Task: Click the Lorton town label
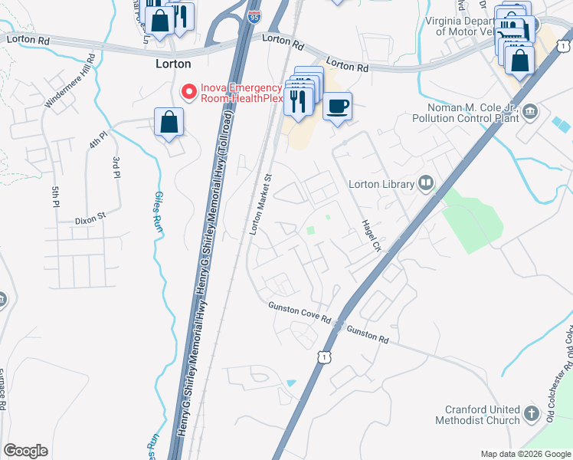[173, 64]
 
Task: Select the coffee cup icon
[336, 106]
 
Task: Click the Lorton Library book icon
[427, 183]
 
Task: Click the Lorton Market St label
[262, 204]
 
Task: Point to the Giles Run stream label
[159, 212]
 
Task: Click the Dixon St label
[90, 220]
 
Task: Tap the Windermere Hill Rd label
[70, 80]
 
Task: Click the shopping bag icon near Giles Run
[169, 122]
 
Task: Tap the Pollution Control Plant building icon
[530, 113]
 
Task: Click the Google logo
[25, 451]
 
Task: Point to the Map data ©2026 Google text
[526, 454]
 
